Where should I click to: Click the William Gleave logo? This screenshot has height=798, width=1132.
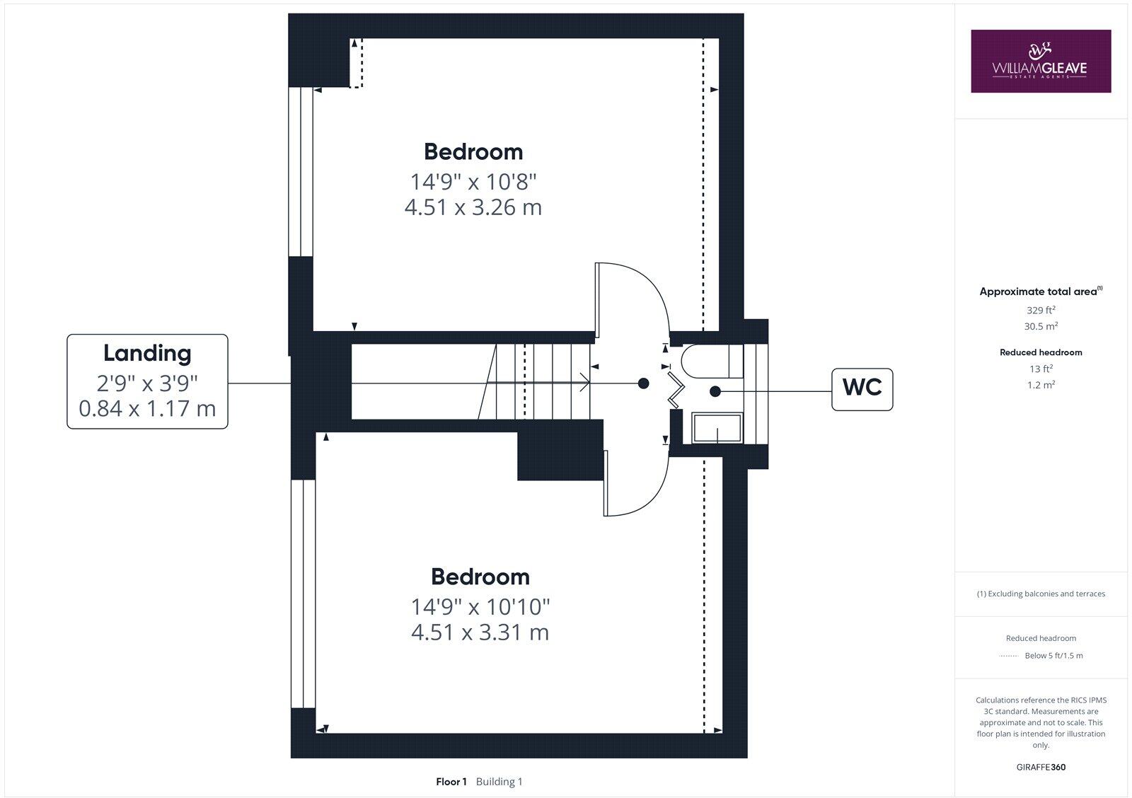[1040, 61]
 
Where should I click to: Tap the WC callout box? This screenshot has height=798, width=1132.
[862, 388]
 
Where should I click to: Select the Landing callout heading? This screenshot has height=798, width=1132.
[147, 353]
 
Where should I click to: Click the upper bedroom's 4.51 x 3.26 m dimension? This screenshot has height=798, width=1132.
[473, 207]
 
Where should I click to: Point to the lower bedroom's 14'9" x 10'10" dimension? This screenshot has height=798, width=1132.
[480, 606]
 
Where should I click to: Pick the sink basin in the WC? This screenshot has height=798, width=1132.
[717, 429]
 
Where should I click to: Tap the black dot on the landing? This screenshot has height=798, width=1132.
[643, 383]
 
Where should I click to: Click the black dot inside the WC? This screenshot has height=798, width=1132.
[715, 391]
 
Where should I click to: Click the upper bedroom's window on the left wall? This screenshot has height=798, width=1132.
[301, 171]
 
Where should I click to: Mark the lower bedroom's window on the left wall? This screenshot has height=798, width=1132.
[303, 593]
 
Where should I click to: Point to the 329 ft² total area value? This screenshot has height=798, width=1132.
[1041, 310]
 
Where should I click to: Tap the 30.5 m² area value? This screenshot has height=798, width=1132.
[1041, 326]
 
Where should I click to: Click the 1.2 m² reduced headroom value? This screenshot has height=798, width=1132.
[1041, 385]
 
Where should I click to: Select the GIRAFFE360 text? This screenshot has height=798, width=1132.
[1041, 767]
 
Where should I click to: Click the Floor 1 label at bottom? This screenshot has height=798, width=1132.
[451, 782]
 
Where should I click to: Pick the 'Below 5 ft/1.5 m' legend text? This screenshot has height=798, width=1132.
[1053, 656]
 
